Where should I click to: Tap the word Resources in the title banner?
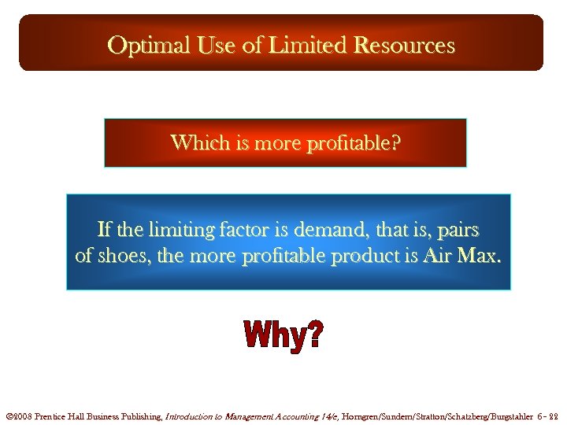(405, 46)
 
